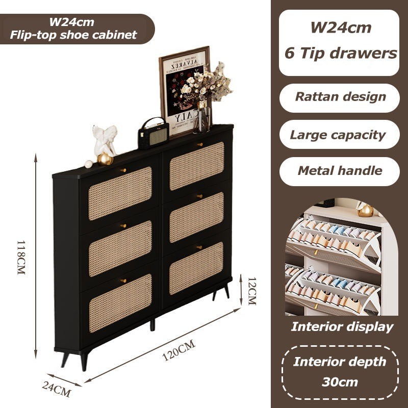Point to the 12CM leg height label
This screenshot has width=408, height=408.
(x=251, y=291)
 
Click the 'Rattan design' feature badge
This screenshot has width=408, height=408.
(x=340, y=97)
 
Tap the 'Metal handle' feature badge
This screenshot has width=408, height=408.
(x=340, y=171)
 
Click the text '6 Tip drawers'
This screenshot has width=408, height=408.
(x=340, y=53)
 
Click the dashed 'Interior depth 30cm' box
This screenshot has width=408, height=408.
(x=340, y=372)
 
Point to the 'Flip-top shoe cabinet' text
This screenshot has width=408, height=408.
(x=74, y=35)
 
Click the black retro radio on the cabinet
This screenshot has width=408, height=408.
(x=153, y=134)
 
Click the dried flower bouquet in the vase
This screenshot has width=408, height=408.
(x=207, y=84)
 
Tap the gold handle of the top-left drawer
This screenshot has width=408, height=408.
(x=123, y=169)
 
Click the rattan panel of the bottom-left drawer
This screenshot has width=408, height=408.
(x=120, y=303)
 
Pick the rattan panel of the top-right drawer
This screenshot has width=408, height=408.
(x=196, y=159)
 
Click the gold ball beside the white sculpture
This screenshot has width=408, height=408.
(x=105, y=159)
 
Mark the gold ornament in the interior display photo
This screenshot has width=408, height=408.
(x=365, y=210)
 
